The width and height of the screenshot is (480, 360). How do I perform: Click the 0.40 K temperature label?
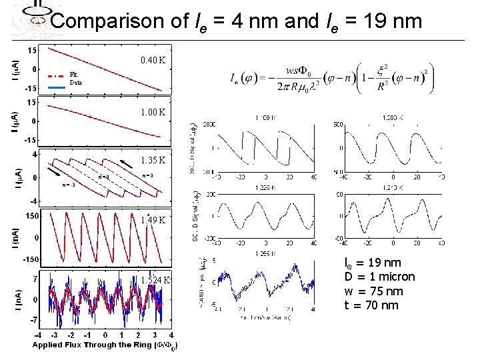[x=153, y=61]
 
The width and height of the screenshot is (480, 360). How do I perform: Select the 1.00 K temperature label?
[x=153, y=112]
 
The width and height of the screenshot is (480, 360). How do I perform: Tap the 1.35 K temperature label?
[x=153, y=161]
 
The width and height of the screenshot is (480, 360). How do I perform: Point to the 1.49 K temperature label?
[x=153, y=220]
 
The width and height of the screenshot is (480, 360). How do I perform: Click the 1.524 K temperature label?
[x=154, y=280]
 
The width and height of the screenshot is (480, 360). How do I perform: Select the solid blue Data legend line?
[x=57, y=87]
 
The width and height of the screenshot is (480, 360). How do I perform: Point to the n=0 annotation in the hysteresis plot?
[x=103, y=177]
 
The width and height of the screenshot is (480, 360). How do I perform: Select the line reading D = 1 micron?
[x=379, y=277]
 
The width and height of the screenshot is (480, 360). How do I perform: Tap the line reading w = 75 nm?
[x=371, y=291]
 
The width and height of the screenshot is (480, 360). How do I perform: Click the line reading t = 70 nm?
[x=371, y=305]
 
